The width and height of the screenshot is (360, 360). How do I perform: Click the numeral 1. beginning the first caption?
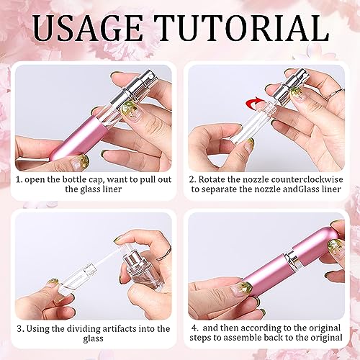[19, 180]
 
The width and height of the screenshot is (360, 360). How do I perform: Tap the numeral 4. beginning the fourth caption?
[196, 328]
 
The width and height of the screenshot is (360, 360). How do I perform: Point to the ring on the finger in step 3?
[164, 255]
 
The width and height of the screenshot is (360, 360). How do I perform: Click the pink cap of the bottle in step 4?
[319, 243]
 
